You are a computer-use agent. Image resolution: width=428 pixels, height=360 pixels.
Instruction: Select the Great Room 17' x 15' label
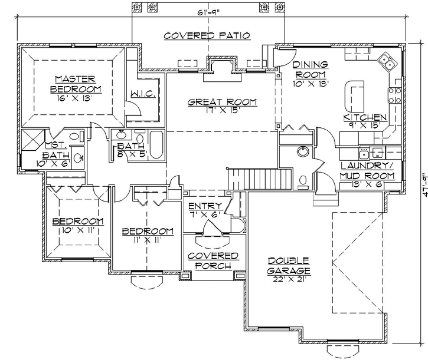[222, 107]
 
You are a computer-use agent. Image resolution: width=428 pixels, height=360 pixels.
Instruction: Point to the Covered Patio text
[207, 36]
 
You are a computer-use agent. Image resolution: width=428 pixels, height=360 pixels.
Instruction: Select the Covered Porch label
[213, 260]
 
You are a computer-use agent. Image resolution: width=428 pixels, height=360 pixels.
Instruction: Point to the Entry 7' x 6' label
[205, 210]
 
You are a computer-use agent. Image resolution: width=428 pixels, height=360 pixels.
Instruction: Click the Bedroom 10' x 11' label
[77, 226]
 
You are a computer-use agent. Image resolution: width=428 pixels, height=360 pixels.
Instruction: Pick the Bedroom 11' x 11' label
[147, 235]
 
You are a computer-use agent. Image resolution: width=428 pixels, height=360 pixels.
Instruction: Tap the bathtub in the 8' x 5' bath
[156, 146]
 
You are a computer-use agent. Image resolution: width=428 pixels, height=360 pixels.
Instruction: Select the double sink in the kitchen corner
[387, 60]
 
